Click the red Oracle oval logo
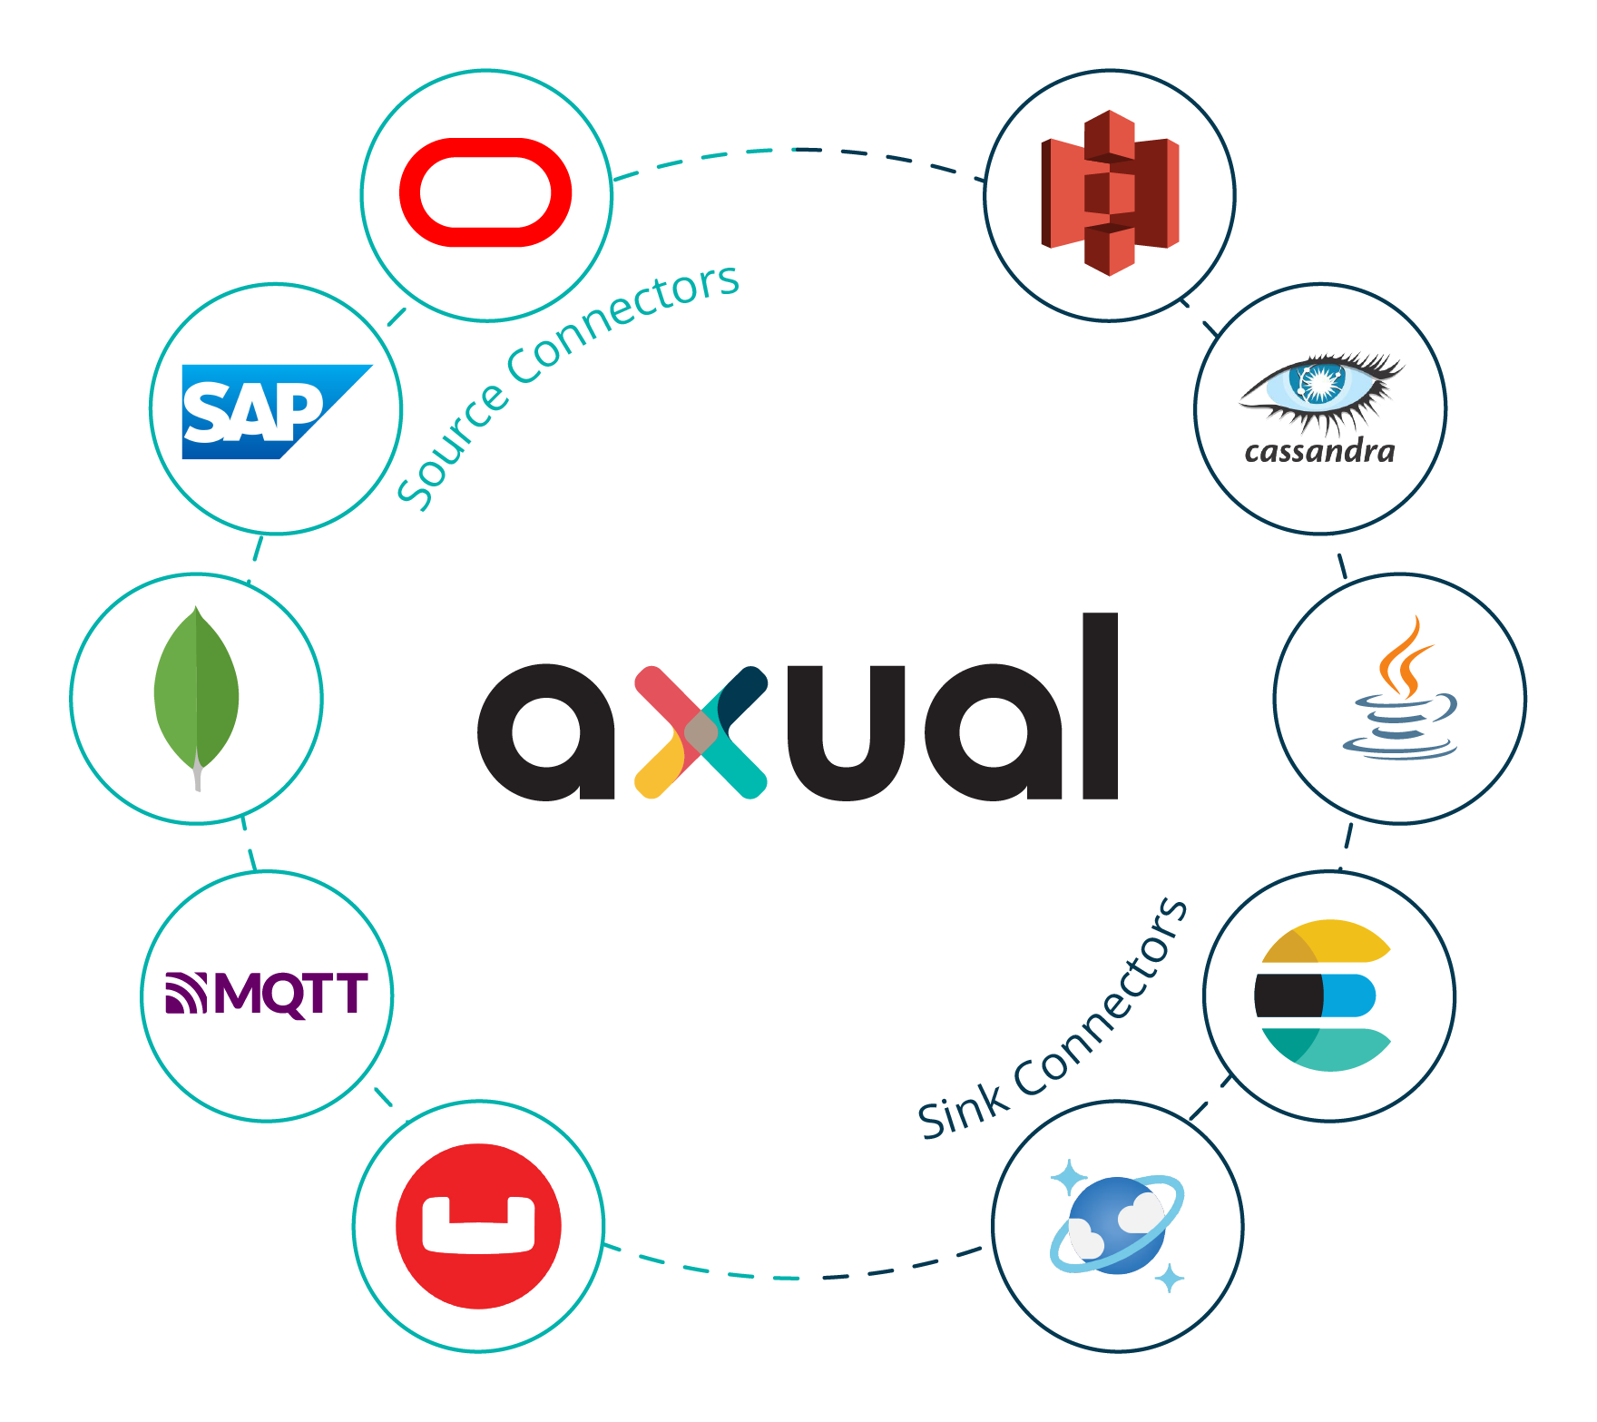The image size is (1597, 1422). pyautogui.click(x=485, y=192)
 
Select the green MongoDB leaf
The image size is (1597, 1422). pyautogui.click(x=196, y=690)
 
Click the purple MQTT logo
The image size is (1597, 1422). pyautogui.click(x=267, y=994)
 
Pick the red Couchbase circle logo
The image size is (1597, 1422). pyautogui.click(x=478, y=1226)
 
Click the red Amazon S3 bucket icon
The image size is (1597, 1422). pyautogui.click(x=1110, y=192)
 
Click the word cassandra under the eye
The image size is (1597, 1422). pyautogui.click(x=1319, y=451)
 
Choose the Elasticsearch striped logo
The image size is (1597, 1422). pyautogui.click(x=1326, y=995)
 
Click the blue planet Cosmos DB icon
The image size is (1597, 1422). pyautogui.click(x=1117, y=1225)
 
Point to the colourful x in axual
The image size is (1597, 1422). pyautogui.click(x=701, y=732)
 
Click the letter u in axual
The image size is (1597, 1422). pyautogui.click(x=847, y=732)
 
